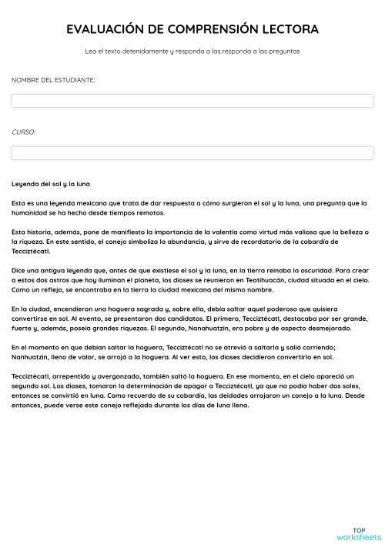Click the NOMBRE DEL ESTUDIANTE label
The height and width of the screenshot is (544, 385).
point(53,79)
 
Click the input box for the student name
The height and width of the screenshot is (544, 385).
point(192,100)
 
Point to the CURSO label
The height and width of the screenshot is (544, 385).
point(23,132)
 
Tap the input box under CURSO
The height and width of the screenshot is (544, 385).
point(192,152)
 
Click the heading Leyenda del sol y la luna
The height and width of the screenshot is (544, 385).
point(51,184)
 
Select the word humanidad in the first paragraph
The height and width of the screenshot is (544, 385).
point(32,212)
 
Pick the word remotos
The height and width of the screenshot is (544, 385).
point(149,212)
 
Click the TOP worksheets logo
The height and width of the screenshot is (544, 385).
point(358,533)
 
